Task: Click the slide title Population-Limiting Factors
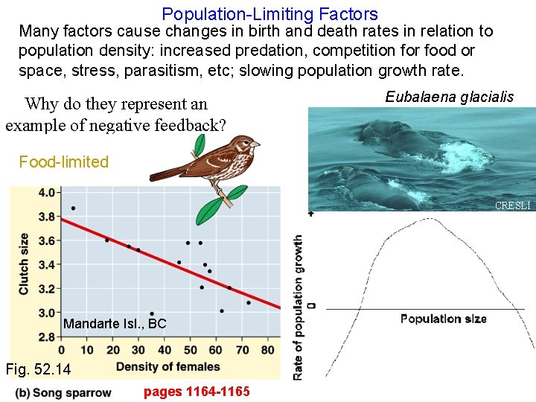pos(269,13)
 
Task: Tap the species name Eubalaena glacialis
pos(449,97)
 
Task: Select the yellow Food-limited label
pos(63,162)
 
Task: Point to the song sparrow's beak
pos(256,143)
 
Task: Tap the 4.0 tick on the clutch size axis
pos(47,193)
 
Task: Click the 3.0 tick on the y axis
pos(47,312)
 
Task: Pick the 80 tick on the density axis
pos(268,351)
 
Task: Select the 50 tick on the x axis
pos(190,351)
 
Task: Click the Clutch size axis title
pos(24,264)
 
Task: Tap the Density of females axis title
pos(167,366)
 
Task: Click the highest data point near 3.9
pos(73,208)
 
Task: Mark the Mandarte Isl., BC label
pos(115,324)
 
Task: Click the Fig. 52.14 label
pos(37,369)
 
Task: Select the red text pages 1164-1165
pos(197,392)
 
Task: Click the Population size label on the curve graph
pos(443,319)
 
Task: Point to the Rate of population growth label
pos(299,307)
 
